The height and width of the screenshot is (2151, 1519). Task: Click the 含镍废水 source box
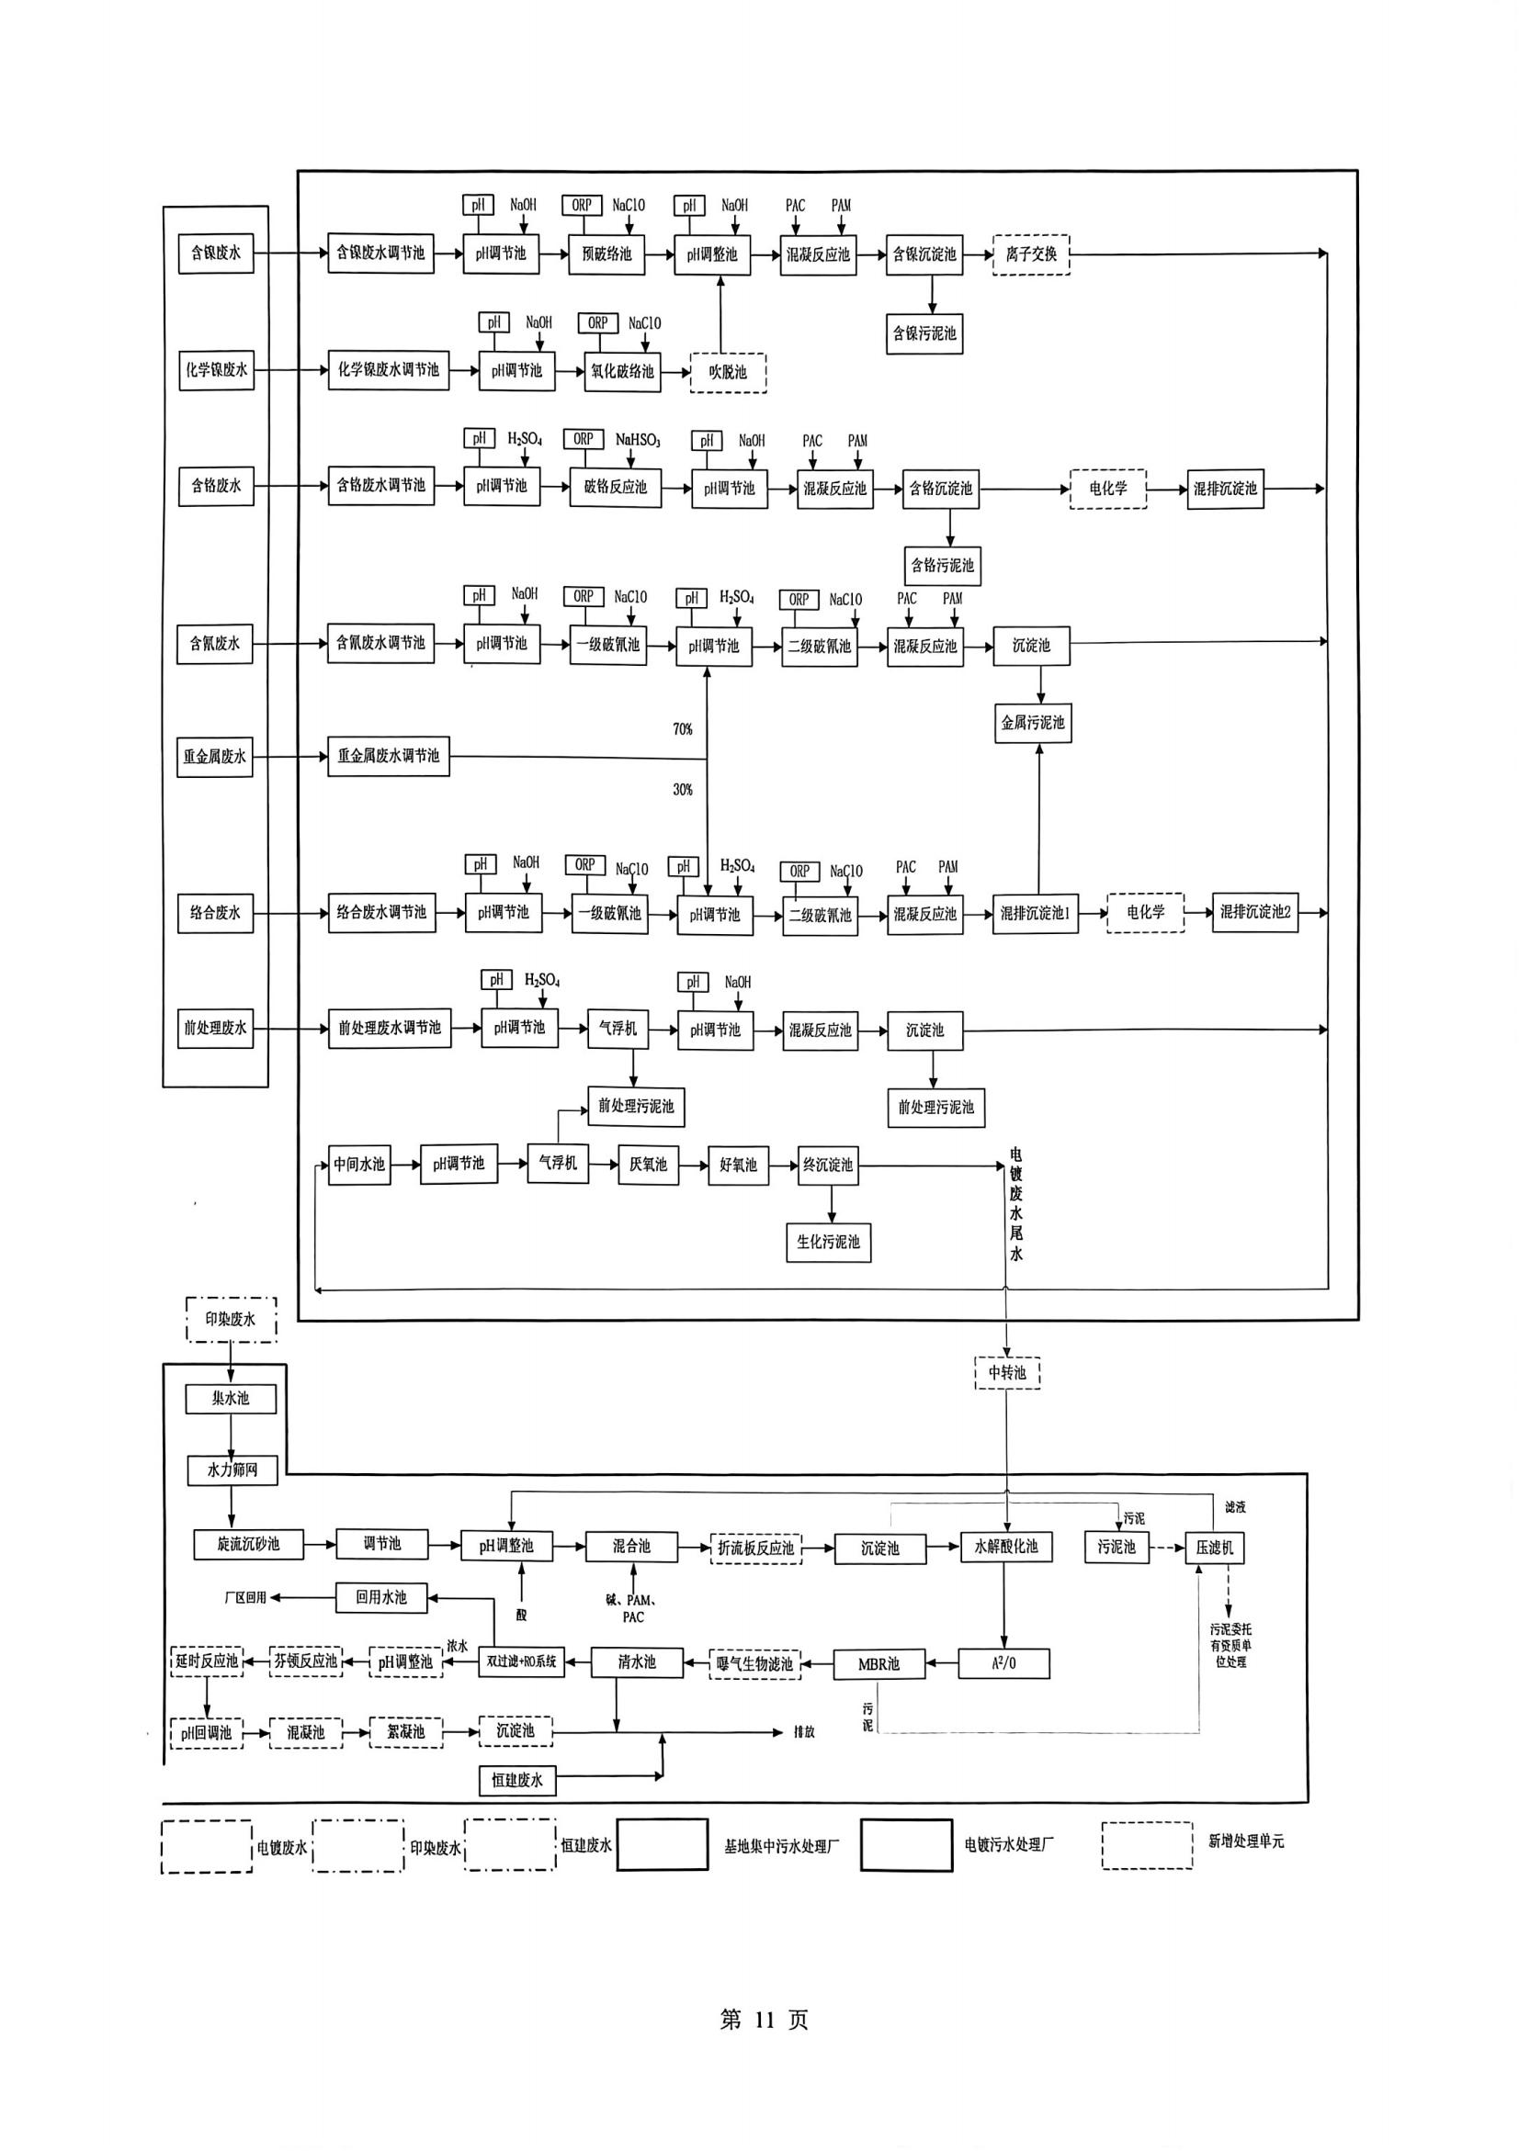coord(216,253)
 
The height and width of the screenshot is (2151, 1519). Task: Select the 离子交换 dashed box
coord(1031,253)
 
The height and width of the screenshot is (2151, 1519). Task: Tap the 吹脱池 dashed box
coord(728,372)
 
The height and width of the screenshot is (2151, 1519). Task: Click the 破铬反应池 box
coord(615,487)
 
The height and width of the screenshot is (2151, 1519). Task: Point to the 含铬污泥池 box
coord(943,566)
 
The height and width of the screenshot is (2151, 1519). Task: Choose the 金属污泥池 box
coord(1033,723)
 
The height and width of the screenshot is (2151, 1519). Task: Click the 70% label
coord(682,729)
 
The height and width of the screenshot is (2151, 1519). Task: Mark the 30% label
coord(682,790)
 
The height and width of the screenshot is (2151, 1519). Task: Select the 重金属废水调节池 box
coord(388,756)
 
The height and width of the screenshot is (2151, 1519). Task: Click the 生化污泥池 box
coord(828,1243)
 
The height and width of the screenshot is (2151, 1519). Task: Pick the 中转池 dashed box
coord(1007,1373)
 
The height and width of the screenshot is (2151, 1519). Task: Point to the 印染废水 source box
coord(231,1320)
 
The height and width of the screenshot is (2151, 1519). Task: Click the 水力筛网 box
coord(232,1470)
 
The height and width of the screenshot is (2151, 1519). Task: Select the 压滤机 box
coord(1215,1548)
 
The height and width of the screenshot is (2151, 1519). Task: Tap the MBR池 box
coord(879,1664)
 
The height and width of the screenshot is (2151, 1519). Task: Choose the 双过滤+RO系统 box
coord(521,1662)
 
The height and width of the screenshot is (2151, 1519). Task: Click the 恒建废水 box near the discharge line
coord(517,1780)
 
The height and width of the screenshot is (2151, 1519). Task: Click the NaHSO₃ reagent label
coord(638,439)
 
